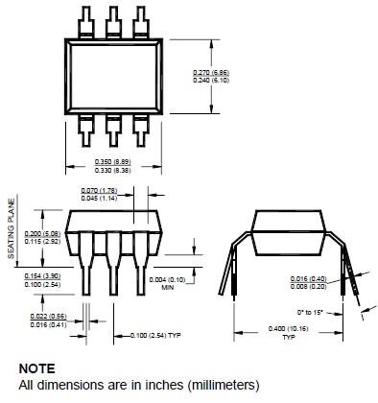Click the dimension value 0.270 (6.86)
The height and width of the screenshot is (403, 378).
tap(211, 72)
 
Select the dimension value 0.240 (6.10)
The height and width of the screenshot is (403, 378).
tap(211, 80)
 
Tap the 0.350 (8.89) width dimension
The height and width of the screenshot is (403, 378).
tap(113, 162)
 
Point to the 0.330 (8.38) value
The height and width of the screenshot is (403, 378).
tap(113, 170)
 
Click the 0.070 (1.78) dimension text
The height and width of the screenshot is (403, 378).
tap(99, 191)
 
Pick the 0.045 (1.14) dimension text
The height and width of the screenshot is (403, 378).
tap(99, 199)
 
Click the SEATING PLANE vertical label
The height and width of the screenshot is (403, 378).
tap(12, 228)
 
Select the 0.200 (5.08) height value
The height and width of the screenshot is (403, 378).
tap(42, 234)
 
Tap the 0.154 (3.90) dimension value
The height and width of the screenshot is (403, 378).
tap(42, 276)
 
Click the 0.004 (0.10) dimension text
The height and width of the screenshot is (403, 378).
tap(167, 280)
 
